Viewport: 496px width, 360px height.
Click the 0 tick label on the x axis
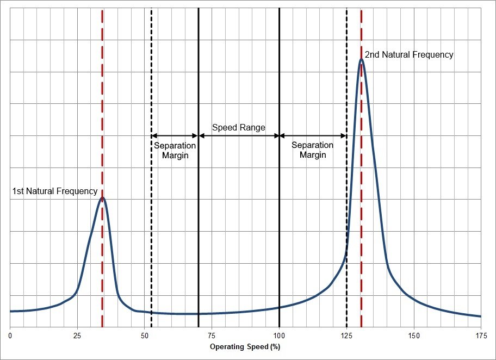(10, 336)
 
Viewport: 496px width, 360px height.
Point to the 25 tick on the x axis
(77, 336)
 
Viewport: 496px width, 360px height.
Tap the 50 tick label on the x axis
(145, 336)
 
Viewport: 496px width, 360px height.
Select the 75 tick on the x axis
(212, 336)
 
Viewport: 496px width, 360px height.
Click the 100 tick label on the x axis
(279, 336)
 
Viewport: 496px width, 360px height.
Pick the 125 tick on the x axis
(346, 336)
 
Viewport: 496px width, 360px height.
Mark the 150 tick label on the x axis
(414, 336)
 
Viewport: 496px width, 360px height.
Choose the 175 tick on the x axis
(481, 336)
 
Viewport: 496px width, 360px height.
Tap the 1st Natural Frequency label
(55, 191)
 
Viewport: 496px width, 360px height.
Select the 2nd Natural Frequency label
(409, 55)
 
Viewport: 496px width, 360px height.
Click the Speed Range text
(239, 128)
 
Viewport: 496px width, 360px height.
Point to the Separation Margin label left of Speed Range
(175, 150)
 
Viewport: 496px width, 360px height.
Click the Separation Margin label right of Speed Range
(312, 150)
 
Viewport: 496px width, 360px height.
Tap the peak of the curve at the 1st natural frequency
(102, 198)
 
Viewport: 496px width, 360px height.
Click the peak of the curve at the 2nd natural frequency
(361, 59)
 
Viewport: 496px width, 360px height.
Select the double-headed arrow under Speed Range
(239, 135)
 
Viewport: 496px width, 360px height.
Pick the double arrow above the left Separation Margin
(175, 135)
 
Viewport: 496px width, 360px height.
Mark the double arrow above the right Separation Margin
(313, 135)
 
